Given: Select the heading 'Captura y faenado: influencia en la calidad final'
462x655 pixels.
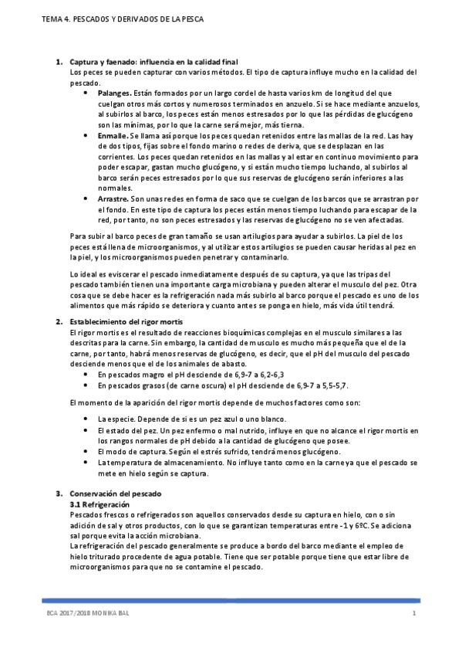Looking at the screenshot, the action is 153,61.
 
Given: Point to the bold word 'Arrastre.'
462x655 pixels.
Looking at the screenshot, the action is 116,199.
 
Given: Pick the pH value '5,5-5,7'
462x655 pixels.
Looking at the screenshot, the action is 329,384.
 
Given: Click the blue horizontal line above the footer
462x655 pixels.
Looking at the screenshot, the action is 231,599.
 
